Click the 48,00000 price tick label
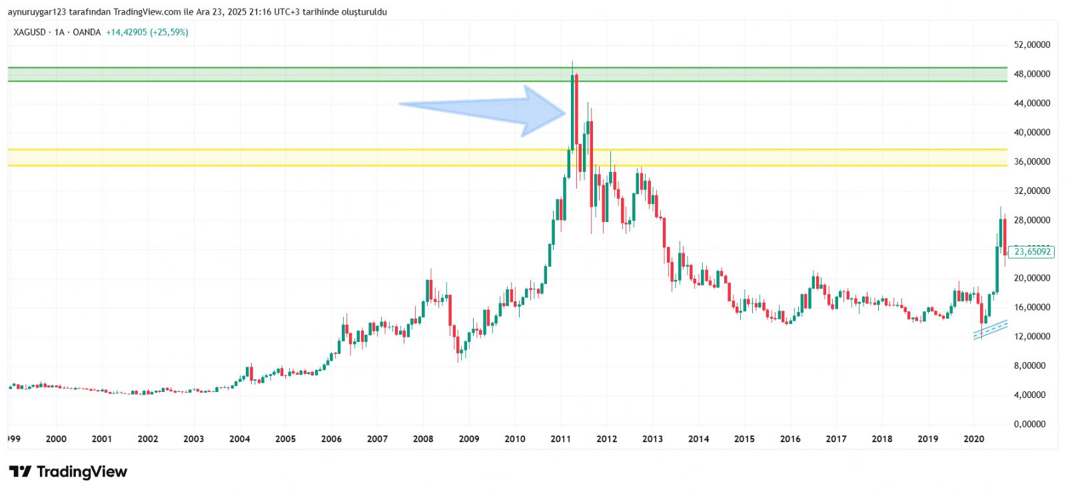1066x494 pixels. [1031, 74]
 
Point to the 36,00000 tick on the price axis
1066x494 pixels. [1031, 161]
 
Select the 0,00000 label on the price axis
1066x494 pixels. [1031, 424]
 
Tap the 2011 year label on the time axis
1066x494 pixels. [560, 439]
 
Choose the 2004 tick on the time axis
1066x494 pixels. [239, 439]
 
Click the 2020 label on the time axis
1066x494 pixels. [973, 439]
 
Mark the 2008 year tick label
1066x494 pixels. [423, 439]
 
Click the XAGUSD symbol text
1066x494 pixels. [29, 32]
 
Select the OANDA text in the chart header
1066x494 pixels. [87, 32]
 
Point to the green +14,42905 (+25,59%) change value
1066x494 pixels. [147, 32]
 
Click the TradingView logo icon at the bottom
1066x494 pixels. [20, 472]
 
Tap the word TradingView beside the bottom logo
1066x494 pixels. [81, 472]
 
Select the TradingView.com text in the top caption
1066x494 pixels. [147, 12]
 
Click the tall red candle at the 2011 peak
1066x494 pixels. [576, 110]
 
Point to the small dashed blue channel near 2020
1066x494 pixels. [990, 329]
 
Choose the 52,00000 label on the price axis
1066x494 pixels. [1031, 45]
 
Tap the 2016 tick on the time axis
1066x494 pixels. [790, 439]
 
